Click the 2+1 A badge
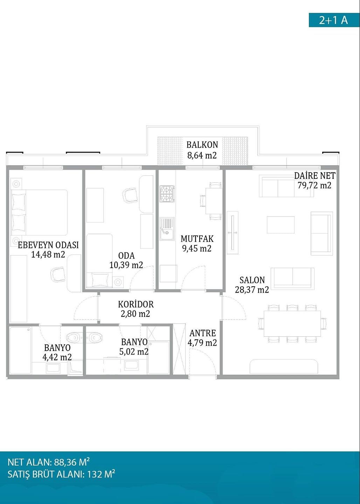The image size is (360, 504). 334,20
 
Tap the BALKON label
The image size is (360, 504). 202,145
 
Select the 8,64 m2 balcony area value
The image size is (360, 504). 202,155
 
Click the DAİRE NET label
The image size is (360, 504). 314,175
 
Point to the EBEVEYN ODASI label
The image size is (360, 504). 48,245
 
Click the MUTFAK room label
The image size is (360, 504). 197,239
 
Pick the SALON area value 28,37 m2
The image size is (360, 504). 252,290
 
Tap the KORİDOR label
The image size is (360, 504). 136,304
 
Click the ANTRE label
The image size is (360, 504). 203,333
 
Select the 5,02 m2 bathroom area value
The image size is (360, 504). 134,351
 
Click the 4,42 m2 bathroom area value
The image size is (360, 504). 57,357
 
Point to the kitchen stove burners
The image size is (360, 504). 167,194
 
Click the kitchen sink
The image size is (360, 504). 167,229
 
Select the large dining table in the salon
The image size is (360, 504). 292,323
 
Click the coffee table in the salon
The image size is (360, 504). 281,225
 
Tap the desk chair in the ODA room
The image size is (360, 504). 130,195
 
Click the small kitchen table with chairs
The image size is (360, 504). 211,201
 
